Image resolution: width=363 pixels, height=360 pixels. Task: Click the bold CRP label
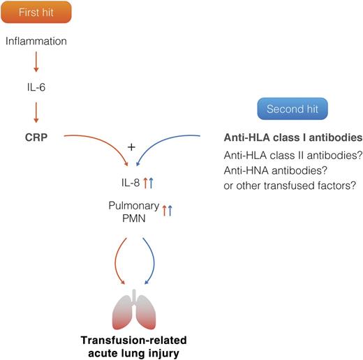36,137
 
